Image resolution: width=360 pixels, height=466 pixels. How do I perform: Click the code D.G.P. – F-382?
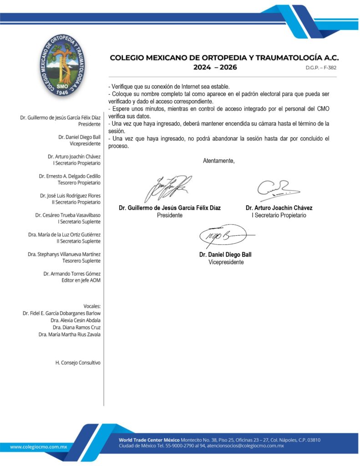[321, 67]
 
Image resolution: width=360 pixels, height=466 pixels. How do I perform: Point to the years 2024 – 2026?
[214, 67]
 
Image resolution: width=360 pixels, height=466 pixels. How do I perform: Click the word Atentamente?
[219, 161]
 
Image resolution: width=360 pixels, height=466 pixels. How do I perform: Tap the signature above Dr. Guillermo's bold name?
[168, 188]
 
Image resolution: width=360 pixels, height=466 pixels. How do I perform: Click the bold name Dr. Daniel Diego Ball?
[225, 255]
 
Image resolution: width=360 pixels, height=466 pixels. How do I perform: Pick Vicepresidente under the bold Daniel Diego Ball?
[226, 262]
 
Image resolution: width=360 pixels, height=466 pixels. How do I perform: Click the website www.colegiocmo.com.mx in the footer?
[39, 447]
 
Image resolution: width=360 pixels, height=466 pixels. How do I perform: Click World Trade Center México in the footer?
[149, 440]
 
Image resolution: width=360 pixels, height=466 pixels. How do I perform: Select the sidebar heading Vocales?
[92, 306]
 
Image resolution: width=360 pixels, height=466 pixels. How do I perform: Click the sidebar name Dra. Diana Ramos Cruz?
[76, 327]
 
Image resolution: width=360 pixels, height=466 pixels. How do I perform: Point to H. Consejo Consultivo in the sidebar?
[78, 363]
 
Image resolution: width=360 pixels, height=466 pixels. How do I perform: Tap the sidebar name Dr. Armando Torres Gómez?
[72, 274]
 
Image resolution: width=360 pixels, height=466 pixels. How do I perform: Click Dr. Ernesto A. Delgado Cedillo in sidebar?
[70, 176]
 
